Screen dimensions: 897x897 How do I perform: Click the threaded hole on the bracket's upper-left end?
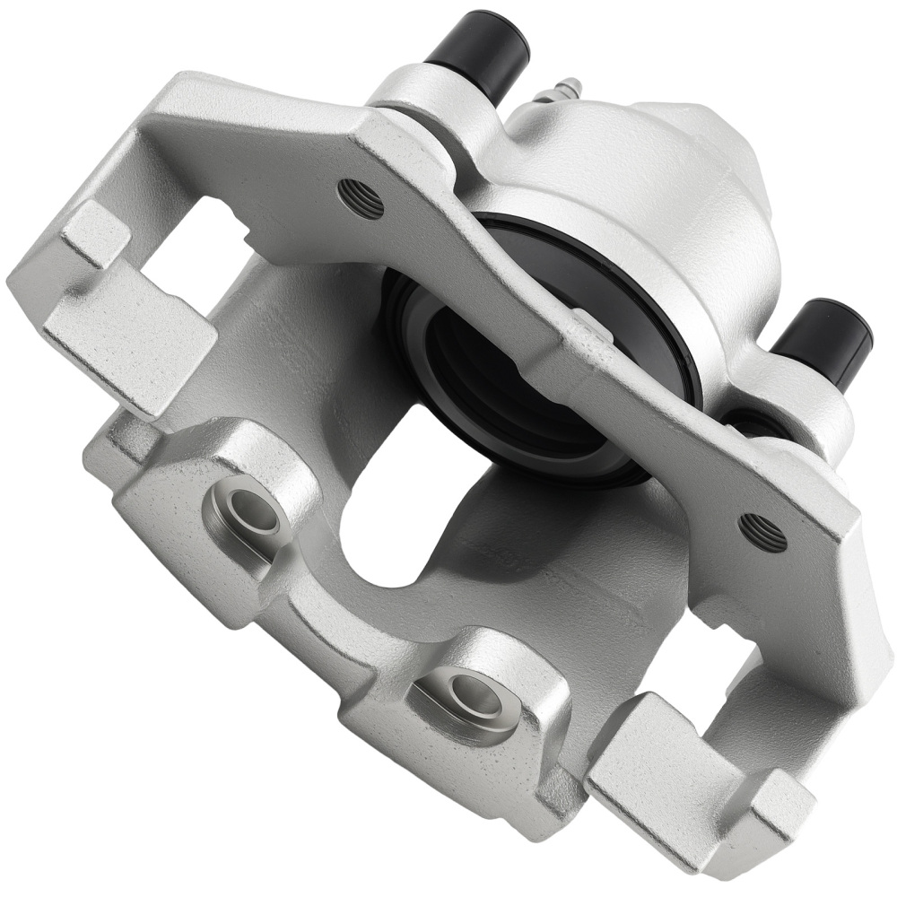pyautogui.click(x=361, y=198)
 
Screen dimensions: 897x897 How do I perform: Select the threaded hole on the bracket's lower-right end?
pyautogui.click(x=762, y=533)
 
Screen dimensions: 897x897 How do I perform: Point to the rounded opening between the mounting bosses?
pyautogui.click(x=377, y=538)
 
